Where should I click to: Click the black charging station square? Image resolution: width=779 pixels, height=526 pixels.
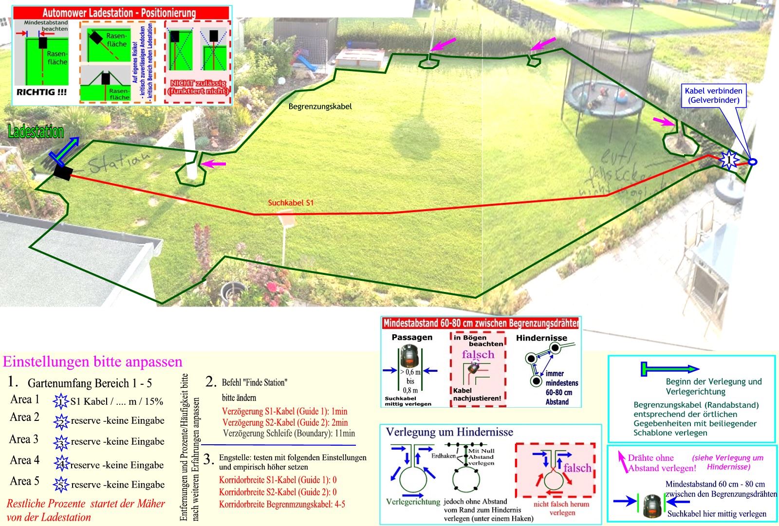pyautogui.click(x=63, y=172)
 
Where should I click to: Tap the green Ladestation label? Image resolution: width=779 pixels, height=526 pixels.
pyautogui.click(x=36, y=132)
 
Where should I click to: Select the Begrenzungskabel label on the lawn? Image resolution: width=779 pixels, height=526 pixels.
pyautogui.click(x=320, y=106)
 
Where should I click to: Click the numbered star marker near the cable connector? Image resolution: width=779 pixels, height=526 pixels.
pyautogui.click(x=728, y=159)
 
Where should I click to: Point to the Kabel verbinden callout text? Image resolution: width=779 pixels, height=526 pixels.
pyautogui.click(x=713, y=95)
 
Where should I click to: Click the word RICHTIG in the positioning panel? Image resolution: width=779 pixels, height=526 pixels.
pyautogui.click(x=42, y=91)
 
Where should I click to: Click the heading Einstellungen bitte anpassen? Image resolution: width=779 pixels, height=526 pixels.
pyautogui.click(x=93, y=362)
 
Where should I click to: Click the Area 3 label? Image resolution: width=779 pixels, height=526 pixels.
pyautogui.click(x=24, y=439)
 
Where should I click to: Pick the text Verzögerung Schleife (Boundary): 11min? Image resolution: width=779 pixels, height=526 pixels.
pyautogui.click(x=288, y=433)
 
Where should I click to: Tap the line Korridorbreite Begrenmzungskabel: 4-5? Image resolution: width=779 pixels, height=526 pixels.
pyautogui.click(x=282, y=504)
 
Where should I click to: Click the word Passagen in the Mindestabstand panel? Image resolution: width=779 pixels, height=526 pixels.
pyautogui.click(x=412, y=337)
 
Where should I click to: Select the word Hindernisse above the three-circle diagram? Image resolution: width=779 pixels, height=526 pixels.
pyautogui.click(x=541, y=338)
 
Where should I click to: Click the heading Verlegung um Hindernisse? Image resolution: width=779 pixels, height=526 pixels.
pyautogui.click(x=449, y=432)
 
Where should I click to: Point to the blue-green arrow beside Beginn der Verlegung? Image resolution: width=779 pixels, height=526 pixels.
pyautogui.click(x=669, y=369)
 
